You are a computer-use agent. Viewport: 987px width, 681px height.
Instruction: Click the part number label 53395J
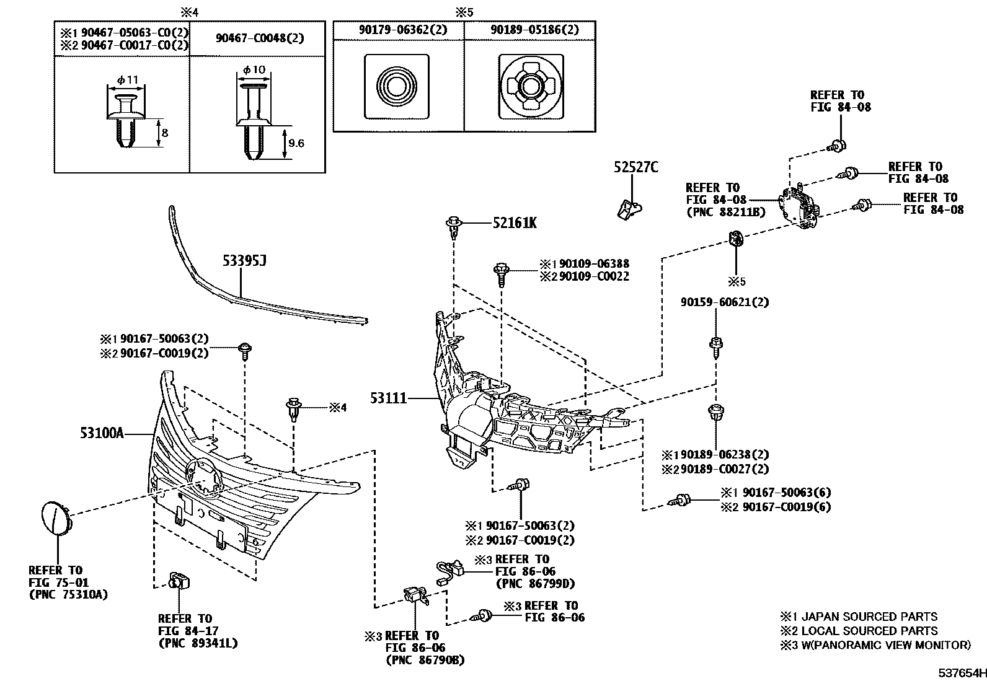[x=244, y=261]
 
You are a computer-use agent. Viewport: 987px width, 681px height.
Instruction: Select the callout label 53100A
[x=102, y=433]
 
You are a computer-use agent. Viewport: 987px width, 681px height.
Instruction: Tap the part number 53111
[x=388, y=398]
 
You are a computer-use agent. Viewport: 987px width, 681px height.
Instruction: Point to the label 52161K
[x=515, y=223]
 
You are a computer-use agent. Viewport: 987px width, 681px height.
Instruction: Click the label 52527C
[x=636, y=167]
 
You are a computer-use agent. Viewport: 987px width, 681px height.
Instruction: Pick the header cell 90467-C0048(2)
[x=260, y=38]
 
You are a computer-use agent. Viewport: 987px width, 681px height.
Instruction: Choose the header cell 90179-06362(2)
[x=403, y=30]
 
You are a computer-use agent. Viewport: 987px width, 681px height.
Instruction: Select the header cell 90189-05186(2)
[x=534, y=30]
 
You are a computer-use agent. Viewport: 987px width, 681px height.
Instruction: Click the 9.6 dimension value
[x=296, y=143]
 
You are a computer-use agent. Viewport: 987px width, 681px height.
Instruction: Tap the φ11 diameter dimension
[x=127, y=80]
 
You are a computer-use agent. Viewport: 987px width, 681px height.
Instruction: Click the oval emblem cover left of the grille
[x=56, y=518]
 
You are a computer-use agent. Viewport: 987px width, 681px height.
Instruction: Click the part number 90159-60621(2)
[x=724, y=302]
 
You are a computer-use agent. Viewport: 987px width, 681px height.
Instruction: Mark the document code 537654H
[x=962, y=672]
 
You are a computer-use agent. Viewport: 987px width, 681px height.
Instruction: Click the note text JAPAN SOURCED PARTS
[x=869, y=617]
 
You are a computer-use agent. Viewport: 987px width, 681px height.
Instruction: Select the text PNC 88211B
[x=726, y=212]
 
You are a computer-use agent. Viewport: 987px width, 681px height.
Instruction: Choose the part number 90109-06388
[x=594, y=264]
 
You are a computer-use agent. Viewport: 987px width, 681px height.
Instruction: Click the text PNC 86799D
[x=536, y=584]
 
